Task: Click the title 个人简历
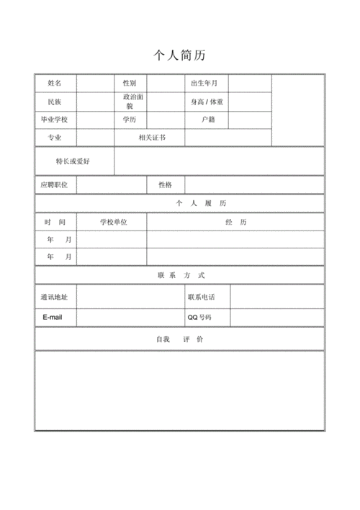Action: click(180, 55)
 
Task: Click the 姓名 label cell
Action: click(55, 84)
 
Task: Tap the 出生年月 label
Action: click(204, 84)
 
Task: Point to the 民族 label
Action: click(55, 102)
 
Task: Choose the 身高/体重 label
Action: click(207, 102)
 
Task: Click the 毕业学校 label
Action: click(55, 120)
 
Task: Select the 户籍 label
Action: click(208, 120)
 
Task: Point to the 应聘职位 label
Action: click(55, 185)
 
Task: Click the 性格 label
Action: click(165, 185)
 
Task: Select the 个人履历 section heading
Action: click(181, 203)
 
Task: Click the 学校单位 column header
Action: click(114, 222)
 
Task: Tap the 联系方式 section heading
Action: click(181, 275)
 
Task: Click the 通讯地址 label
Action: click(55, 297)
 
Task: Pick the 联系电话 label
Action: click(201, 297)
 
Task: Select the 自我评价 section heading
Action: click(179, 339)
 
